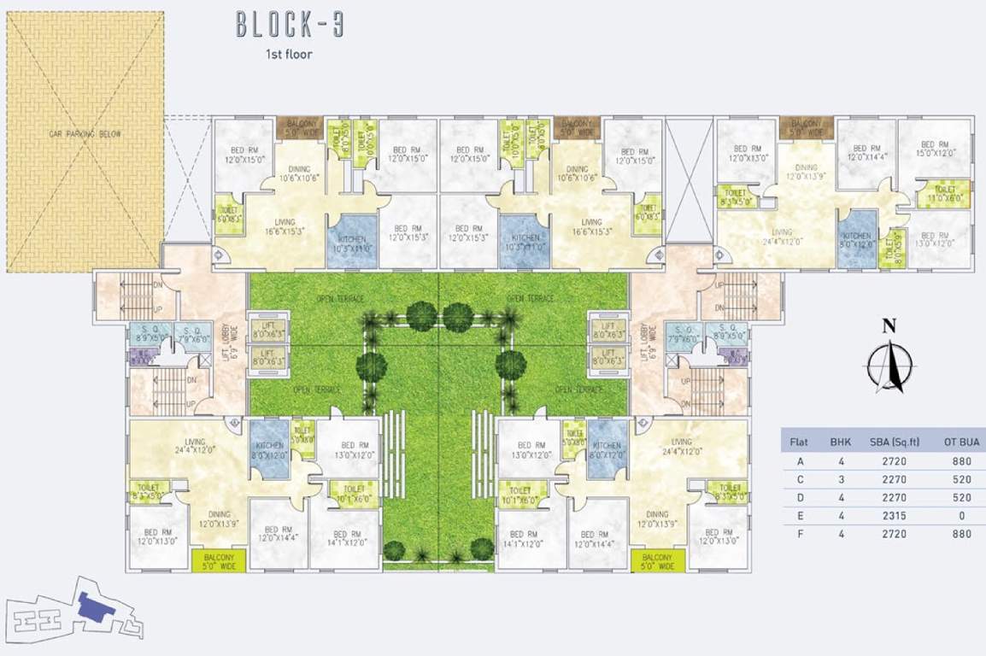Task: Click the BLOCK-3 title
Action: (x=290, y=25)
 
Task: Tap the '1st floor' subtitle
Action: (x=289, y=55)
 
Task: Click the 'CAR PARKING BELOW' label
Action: (x=85, y=134)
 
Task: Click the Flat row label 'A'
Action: (x=801, y=461)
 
